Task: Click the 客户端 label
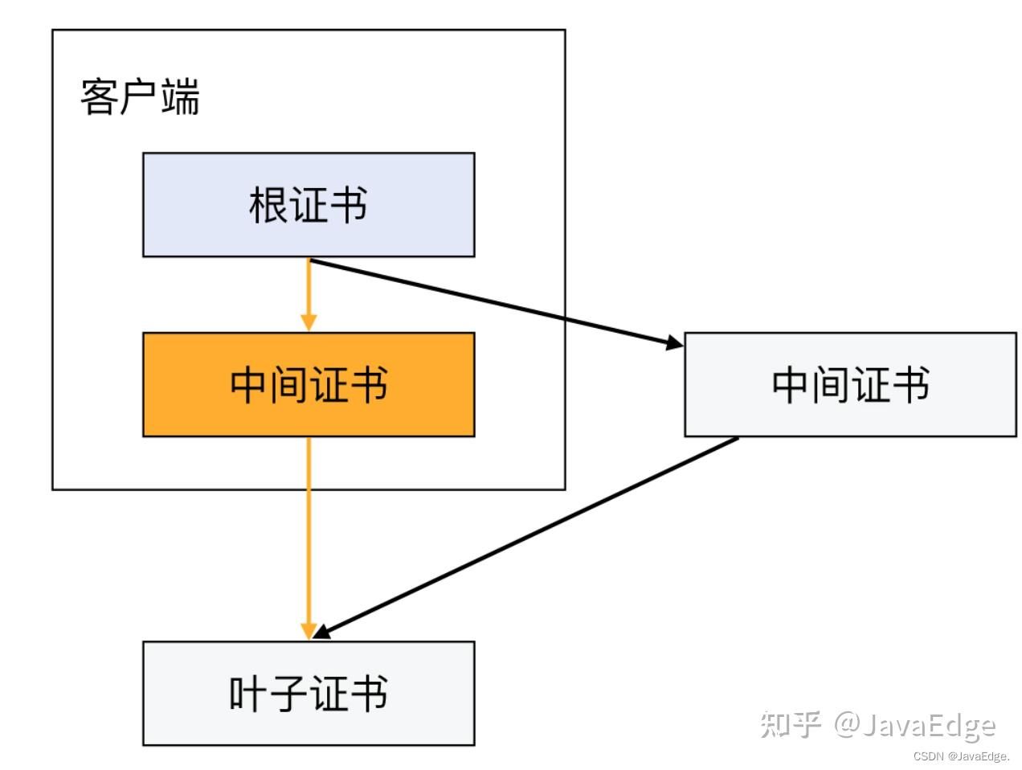point(140,96)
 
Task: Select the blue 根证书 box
point(309,204)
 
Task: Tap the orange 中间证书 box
point(309,384)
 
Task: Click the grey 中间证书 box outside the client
point(850,384)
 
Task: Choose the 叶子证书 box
point(309,693)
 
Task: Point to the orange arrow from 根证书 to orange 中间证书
point(309,294)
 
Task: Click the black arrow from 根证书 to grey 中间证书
point(497,303)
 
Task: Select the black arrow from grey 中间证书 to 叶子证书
point(525,538)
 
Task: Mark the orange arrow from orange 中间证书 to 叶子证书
point(309,539)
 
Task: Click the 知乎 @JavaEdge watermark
point(877,726)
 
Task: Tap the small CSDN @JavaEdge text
point(961,756)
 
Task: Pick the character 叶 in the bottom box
point(248,694)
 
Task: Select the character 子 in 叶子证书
point(288,694)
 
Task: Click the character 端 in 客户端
point(181,96)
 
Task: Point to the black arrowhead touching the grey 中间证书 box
point(675,343)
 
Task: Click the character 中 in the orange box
point(249,385)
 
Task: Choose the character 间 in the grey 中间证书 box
point(830,385)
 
